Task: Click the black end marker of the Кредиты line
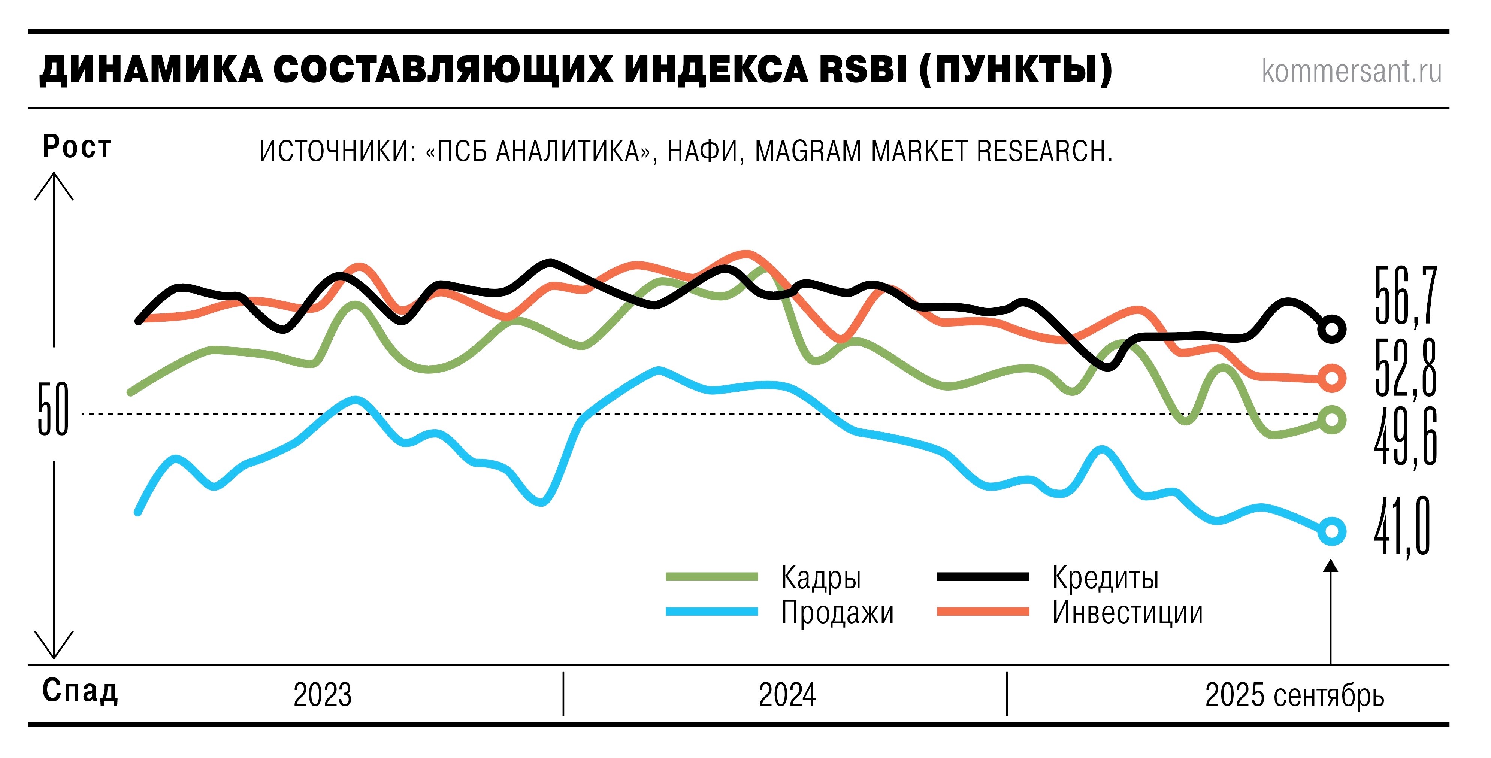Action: [1331, 329]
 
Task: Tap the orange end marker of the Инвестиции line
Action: [1331, 378]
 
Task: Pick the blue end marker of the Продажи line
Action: [1331, 531]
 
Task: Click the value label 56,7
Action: [1405, 296]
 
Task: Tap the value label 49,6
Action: [1405, 437]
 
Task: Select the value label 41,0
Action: [1402, 527]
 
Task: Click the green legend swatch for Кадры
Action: [711, 576]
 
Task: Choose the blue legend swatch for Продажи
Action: [711, 612]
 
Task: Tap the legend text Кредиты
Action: [1105, 577]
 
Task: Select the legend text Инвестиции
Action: [1127, 612]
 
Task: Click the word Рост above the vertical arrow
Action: [76, 146]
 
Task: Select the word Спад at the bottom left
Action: [80, 690]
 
